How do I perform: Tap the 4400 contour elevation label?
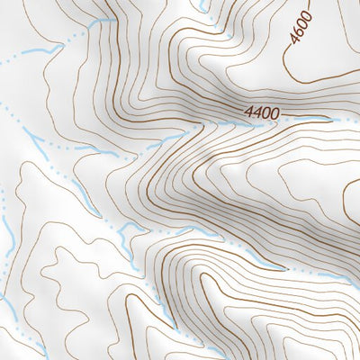coord(261,114)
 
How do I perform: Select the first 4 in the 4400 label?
coord(247,114)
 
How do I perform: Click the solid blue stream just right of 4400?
coord(310,120)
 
